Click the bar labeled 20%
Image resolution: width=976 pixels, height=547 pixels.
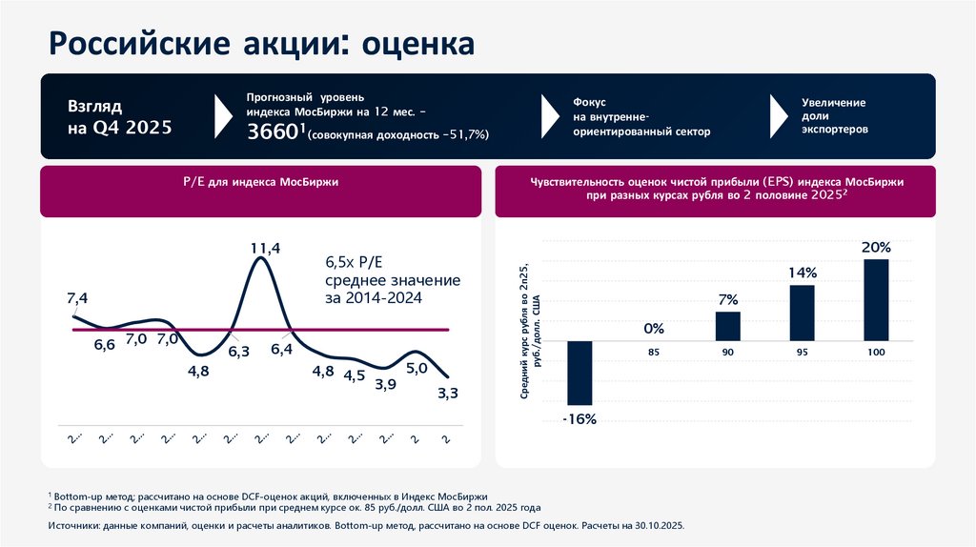(x=876, y=299)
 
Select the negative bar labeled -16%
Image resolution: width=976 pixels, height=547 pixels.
(x=579, y=373)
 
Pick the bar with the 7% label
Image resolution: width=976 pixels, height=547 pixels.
(x=727, y=326)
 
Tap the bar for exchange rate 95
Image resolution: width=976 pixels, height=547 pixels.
(x=802, y=313)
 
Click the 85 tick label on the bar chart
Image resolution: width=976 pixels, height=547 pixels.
(x=653, y=353)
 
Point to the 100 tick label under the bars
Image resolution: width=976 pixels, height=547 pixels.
(x=876, y=353)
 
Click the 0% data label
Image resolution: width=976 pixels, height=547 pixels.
(x=653, y=329)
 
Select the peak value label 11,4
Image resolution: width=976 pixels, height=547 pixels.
(x=265, y=249)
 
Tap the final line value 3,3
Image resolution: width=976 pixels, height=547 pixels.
(x=447, y=393)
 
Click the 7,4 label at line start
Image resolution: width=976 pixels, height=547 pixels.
(x=77, y=298)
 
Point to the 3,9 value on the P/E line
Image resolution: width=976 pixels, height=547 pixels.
(x=386, y=384)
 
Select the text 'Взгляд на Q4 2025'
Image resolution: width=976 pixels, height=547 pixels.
(x=119, y=116)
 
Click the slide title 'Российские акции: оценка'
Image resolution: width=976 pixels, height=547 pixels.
(x=260, y=43)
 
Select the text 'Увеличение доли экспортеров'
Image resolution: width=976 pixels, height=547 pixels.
(x=834, y=115)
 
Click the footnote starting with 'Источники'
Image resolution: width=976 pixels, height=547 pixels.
(x=366, y=525)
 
